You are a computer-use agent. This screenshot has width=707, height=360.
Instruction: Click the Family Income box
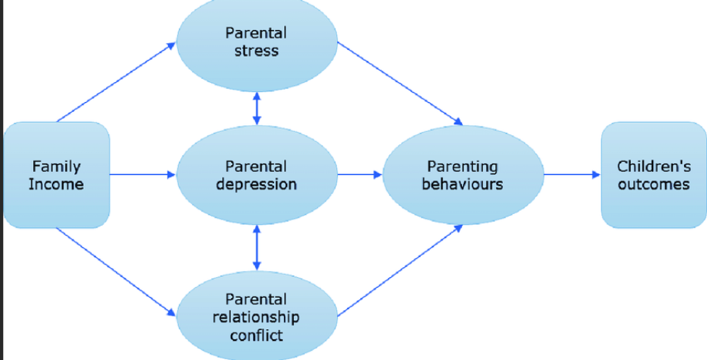point(57,175)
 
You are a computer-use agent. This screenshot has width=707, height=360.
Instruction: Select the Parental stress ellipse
point(256,42)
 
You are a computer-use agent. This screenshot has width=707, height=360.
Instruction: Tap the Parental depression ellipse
point(256,175)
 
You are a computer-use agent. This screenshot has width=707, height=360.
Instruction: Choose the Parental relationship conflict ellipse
point(256,316)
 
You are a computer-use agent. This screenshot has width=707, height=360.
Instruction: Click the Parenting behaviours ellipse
point(462,175)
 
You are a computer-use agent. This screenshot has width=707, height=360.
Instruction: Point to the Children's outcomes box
point(653,175)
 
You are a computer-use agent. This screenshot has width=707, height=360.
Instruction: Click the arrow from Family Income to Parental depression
point(143,175)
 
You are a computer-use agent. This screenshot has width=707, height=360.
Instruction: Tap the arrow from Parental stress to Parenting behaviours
point(399,84)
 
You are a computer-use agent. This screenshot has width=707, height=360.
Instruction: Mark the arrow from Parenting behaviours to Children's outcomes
point(572,175)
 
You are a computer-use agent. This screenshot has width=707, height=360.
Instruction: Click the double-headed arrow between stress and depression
point(256,107)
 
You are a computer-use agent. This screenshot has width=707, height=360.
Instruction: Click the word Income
point(56,185)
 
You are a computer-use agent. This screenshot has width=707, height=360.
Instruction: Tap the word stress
point(256,51)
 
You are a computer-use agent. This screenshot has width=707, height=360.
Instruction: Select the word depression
point(256,185)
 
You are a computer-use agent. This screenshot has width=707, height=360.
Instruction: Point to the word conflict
point(256,335)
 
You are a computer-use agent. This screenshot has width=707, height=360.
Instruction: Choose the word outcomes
point(653,185)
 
